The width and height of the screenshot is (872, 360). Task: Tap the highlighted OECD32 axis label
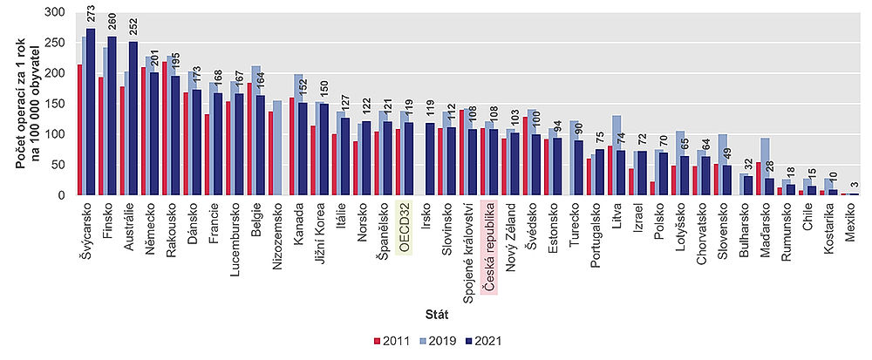[x=405, y=229]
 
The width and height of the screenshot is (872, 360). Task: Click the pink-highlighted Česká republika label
[x=489, y=248]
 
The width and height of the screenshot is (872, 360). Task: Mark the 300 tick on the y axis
[x=57, y=13]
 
